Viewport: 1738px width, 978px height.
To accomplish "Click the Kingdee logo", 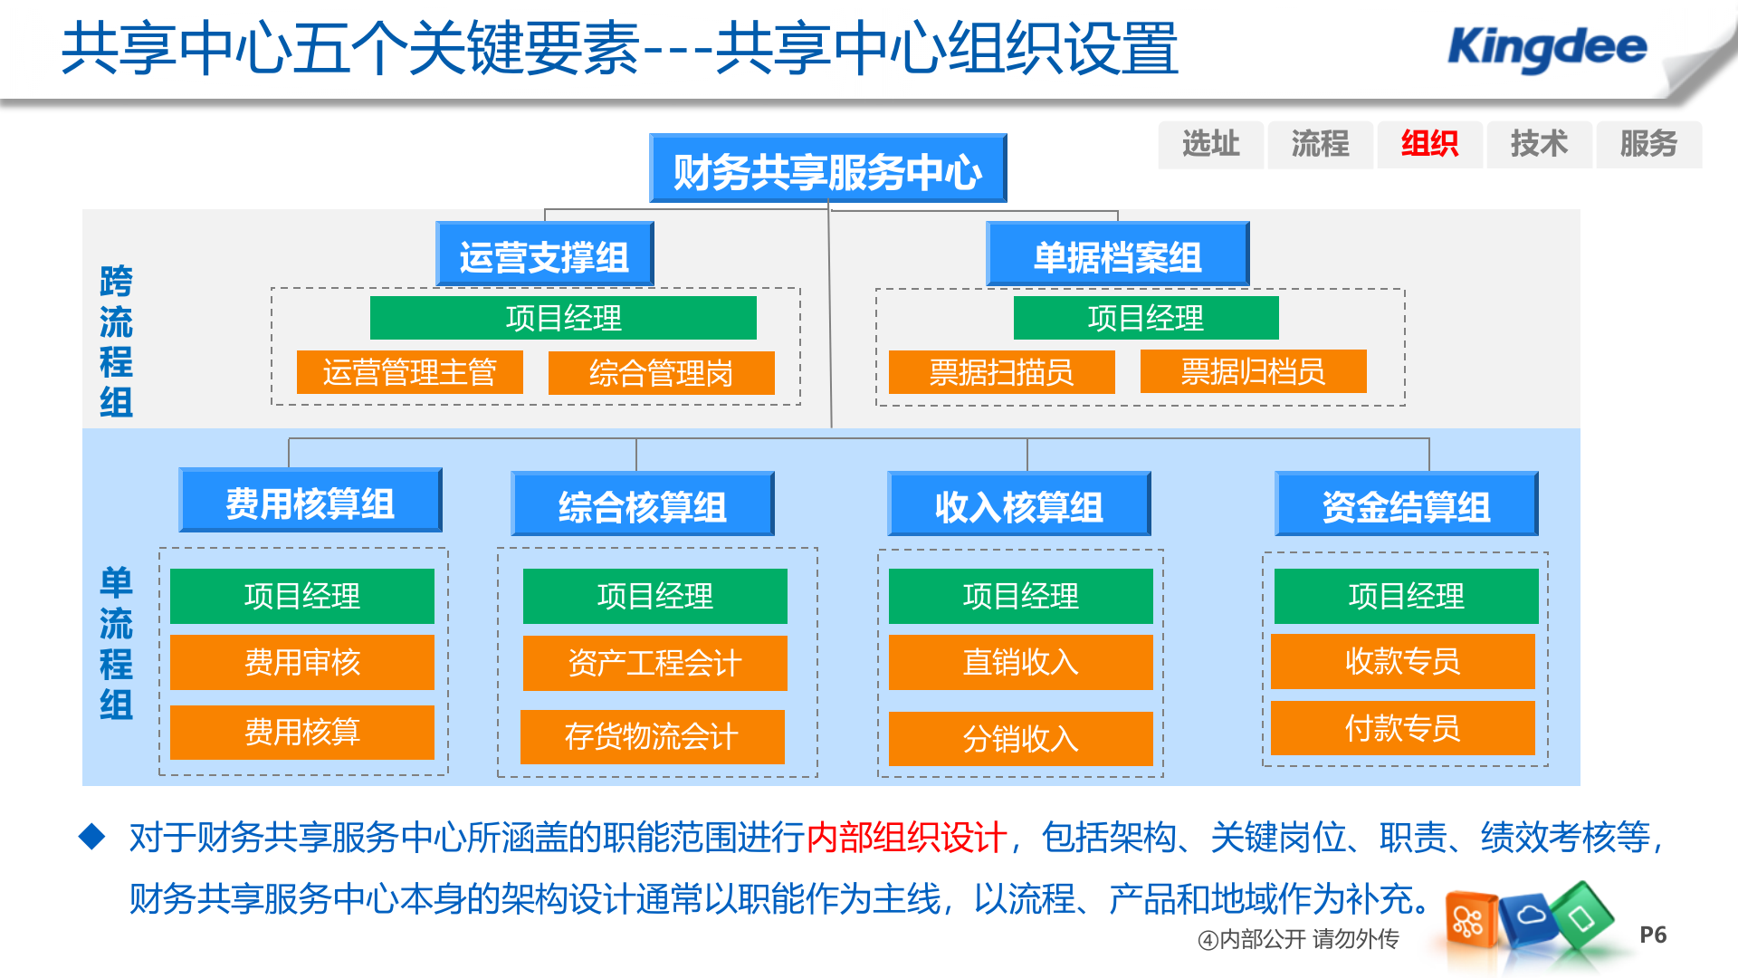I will click(1547, 47).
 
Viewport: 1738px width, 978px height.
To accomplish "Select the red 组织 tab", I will click(1429, 144).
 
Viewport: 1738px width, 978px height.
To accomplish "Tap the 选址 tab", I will click(1210, 144).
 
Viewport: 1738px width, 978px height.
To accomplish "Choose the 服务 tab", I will click(1648, 144).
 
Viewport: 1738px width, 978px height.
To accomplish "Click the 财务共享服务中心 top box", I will click(827, 169).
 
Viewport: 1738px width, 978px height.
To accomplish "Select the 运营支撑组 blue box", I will click(544, 256).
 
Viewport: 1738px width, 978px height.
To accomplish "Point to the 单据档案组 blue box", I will click(1117, 256).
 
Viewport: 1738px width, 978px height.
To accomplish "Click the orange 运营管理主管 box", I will click(409, 372).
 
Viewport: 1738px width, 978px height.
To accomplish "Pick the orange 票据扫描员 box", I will click(1001, 372).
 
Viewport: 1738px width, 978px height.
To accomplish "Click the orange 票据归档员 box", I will click(1253, 371).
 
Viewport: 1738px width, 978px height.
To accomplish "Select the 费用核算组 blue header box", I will click(310, 503).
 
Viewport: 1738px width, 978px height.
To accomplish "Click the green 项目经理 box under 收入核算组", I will click(1020, 596).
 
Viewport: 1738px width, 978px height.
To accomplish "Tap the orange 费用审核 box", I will click(301, 662).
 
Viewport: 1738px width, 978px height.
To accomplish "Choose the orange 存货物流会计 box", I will click(652, 736).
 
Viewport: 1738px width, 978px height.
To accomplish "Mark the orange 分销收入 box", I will click(1020, 739).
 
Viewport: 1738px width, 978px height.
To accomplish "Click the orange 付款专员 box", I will click(1402, 727).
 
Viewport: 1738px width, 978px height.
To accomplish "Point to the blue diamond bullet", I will click(92, 836).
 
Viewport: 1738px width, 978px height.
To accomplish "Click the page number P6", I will click(1653, 935).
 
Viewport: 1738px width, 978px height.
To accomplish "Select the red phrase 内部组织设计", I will click(906, 837).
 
